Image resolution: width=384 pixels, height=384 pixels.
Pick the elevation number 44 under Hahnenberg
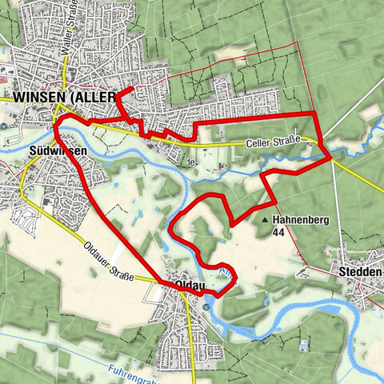278,232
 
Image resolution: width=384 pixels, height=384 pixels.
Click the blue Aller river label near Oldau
226,274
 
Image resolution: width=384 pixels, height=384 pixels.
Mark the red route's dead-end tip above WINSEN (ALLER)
130,87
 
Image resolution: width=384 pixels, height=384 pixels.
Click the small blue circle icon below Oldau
206,306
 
